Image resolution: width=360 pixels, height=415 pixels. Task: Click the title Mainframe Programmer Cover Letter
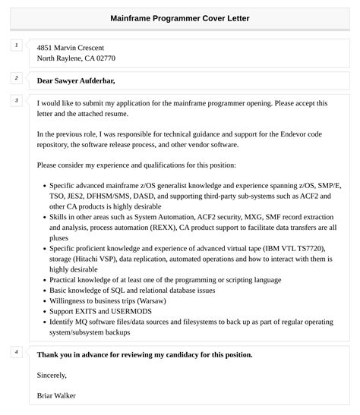click(179, 18)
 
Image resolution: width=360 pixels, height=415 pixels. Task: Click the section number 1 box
click(16, 46)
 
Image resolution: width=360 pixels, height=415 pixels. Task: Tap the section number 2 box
click(16, 78)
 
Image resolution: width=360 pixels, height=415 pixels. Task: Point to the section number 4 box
click(16, 352)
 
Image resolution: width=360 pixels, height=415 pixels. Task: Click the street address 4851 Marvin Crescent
click(71, 48)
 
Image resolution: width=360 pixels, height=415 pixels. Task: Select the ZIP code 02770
click(106, 58)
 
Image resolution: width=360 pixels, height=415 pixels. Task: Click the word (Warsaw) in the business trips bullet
click(155, 300)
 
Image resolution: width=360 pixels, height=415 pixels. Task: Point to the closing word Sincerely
click(52, 375)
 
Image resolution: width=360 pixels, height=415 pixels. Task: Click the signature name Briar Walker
click(56, 395)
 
